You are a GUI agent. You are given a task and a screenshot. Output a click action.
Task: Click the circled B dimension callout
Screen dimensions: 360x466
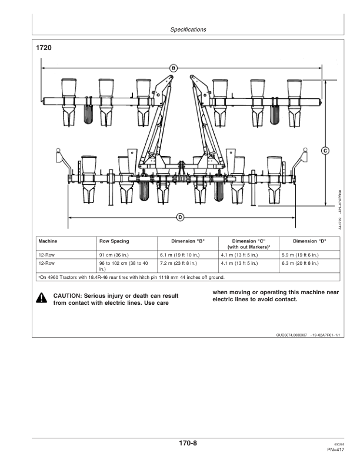click(174, 68)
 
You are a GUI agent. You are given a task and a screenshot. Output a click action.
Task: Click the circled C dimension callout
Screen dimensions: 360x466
click(325, 151)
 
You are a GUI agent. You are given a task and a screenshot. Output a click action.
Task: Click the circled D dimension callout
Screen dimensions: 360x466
click(181, 218)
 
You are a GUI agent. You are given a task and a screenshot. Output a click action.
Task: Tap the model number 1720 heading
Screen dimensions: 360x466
click(44, 48)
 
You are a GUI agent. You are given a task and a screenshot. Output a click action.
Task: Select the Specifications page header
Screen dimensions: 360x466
click(188, 29)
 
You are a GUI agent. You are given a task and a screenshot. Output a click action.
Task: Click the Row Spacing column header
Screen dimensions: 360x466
click(114, 241)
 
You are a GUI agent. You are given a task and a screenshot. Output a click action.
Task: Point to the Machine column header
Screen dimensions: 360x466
click(48, 241)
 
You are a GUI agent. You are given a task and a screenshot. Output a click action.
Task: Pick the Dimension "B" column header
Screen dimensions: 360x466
click(188, 241)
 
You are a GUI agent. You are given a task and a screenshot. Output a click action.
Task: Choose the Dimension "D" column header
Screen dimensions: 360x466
click(309, 241)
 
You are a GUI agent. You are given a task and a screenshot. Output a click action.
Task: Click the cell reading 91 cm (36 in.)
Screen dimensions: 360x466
click(114, 255)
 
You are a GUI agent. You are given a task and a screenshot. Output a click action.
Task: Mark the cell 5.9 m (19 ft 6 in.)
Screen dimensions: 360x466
click(300, 255)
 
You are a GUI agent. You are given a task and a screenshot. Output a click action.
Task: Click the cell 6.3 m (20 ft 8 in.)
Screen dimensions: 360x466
click(300, 264)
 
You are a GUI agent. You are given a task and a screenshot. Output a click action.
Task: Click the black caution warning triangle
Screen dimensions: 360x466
click(41, 298)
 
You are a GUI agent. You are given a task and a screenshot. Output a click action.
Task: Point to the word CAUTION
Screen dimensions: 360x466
click(67, 296)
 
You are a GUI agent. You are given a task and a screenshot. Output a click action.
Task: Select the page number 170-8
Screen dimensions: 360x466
click(188, 443)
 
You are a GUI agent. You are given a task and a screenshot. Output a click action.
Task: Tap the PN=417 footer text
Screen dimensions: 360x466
click(336, 450)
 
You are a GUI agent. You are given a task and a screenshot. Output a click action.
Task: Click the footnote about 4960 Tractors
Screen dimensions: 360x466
click(131, 277)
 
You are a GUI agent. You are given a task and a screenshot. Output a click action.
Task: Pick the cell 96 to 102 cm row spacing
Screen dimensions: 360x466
click(124, 266)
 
